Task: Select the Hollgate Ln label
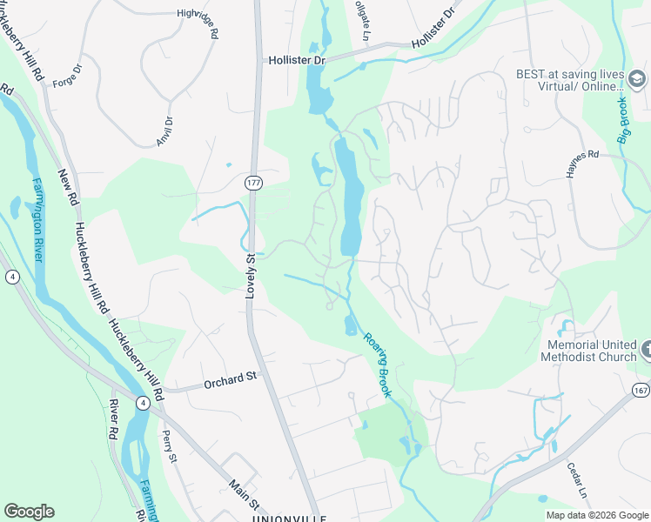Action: (362, 19)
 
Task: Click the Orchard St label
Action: (232, 377)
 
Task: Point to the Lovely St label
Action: (249, 277)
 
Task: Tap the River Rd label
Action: (114, 418)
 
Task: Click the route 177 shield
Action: (253, 183)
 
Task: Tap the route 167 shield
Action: (640, 388)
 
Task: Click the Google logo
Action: (29, 512)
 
